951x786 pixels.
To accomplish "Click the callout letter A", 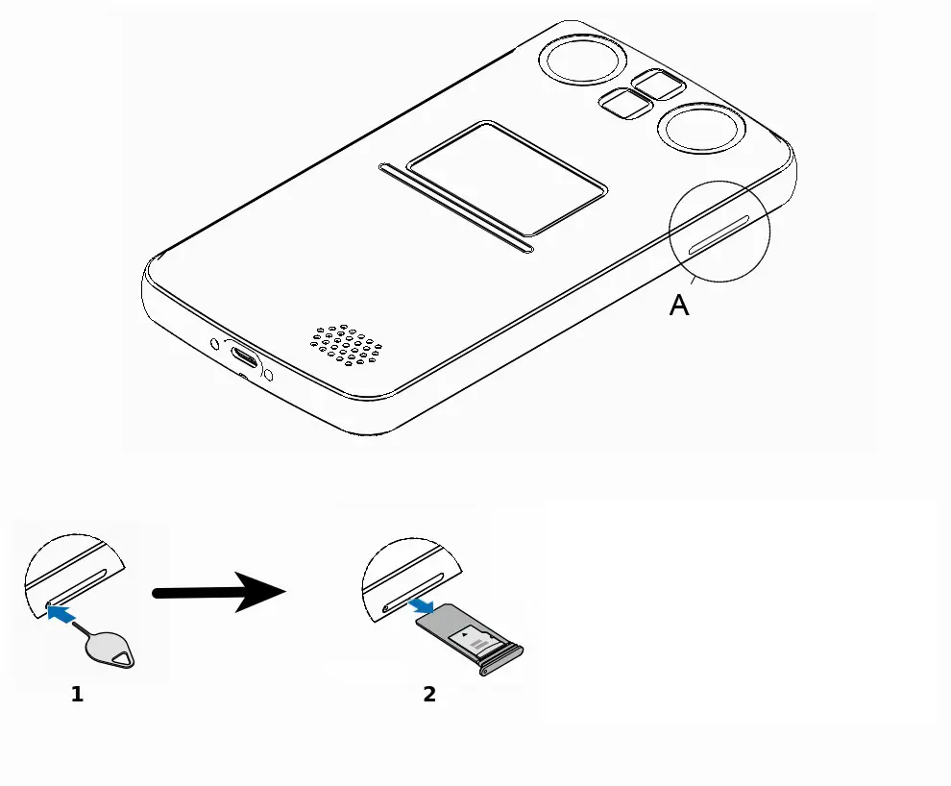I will coord(679,306).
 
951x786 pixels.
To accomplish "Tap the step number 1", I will coord(77,694).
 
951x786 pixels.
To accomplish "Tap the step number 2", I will coord(429,694).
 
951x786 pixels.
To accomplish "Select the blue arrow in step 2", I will coord(421,606).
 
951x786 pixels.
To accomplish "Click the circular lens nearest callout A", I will coord(698,130).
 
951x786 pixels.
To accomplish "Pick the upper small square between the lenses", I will coord(659,85).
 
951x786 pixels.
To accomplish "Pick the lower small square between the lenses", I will coord(625,104).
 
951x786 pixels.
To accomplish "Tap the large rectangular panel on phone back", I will coord(506,178).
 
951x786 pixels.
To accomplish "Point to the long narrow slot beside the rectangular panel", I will coord(455,208).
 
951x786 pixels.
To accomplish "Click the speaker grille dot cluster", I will coord(350,343).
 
